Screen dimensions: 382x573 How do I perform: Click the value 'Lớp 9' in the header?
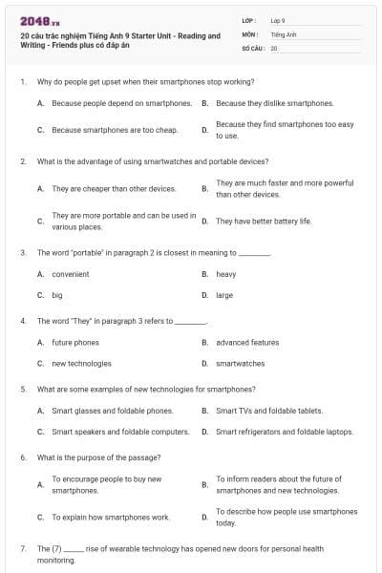(x=278, y=20)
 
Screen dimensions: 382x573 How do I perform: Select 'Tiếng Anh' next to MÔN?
(x=283, y=33)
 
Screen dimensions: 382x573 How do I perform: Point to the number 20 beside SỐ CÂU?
(x=274, y=47)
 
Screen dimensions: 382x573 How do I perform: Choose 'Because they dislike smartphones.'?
(x=274, y=102)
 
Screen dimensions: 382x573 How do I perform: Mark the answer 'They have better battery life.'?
(x=264, y=221)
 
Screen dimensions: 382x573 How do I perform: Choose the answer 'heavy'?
(x=225, y=274)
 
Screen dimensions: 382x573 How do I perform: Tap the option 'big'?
(x=57, y=295)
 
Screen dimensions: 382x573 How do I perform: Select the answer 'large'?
(x=224, y=295)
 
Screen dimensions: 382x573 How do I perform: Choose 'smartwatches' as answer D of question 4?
(x=240, y=363)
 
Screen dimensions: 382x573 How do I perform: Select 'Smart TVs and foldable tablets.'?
(x=269, y=411)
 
